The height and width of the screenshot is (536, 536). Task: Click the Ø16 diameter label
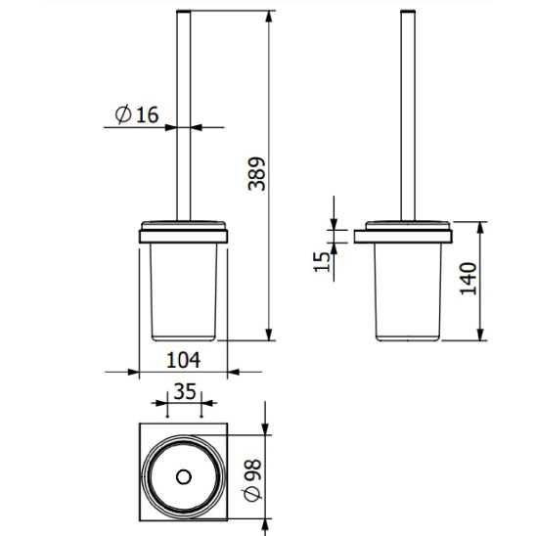point(137,114)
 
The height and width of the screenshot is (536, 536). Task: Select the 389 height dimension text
point(256,174)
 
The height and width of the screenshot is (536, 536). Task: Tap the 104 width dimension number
point(183,360)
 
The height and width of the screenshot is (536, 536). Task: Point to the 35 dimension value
point(185,391)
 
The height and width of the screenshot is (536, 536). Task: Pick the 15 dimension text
point(322,262)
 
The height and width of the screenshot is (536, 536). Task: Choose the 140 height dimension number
point(468,279)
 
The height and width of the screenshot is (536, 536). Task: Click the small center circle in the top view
point(184,477)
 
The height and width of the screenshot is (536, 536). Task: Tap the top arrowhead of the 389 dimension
point(269,17)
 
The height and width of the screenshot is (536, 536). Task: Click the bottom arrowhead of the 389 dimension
point(269,335)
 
